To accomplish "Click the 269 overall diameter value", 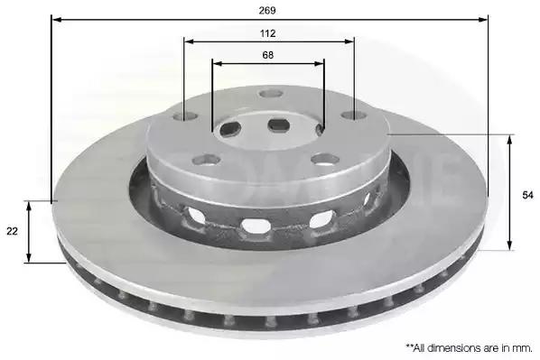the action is coord(267,11).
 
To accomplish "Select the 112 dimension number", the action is coord(267,33).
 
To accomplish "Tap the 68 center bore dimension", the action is coord(268,55).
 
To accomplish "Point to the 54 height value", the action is coord(527,195).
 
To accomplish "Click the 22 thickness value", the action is coord(12,231).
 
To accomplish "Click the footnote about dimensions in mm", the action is coord(469,347).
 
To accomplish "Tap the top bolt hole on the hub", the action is coord(272,93).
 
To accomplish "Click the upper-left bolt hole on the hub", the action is coord(185,116).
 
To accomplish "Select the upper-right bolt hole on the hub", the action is coord(353,115).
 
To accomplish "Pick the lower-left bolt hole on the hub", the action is coord(207,160).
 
